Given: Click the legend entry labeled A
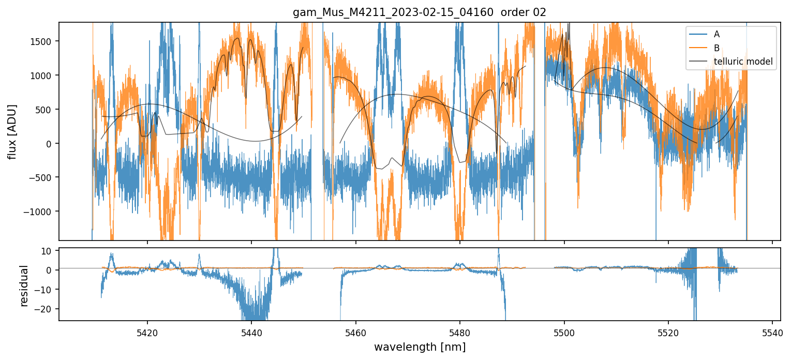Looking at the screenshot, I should pyautogui.click(x=717, y=34).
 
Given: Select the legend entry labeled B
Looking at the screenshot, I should pyautogui.click(x=717, y=48).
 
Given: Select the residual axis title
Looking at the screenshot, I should pyautogui.click(x=23, y=286).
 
